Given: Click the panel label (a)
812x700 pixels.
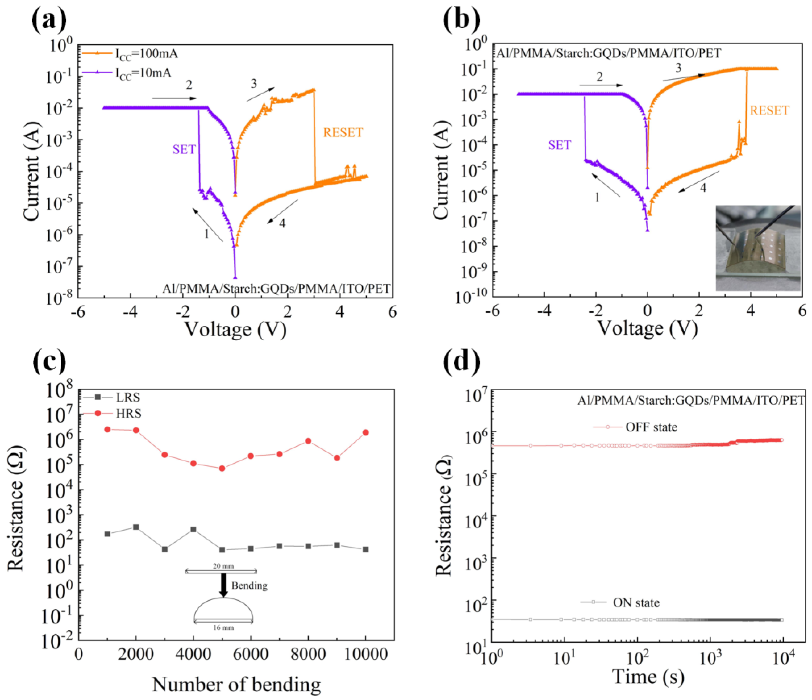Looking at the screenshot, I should [x=49, y=20].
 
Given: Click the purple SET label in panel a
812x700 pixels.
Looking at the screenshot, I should [x=184, y=149].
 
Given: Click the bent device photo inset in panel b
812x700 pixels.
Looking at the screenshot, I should [x=757, y=248].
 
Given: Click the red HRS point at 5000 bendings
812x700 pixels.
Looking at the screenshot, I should [x=222, y=468].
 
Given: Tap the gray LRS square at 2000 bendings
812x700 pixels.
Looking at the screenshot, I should [x=136, y=527].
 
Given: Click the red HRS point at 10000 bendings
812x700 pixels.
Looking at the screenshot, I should [x=366, y=432].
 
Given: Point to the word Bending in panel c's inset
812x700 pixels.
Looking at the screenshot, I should [x=249, y=585].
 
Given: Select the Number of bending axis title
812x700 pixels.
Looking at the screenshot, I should [x=236, y=684].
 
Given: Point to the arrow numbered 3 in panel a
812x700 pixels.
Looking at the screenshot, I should [x=261, y=94].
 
